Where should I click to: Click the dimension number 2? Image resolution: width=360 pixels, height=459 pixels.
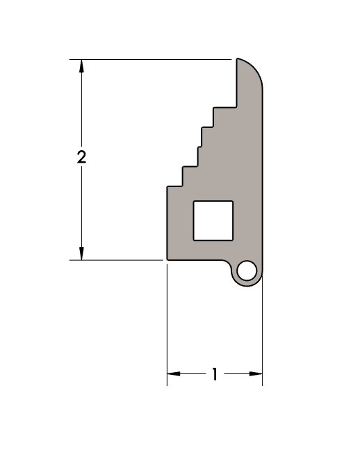(81, 157)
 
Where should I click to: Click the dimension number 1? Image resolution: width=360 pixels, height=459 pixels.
(215, 375)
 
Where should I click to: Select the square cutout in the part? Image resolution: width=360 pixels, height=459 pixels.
(212, 220)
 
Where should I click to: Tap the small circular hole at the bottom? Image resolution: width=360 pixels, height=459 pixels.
(246, 271)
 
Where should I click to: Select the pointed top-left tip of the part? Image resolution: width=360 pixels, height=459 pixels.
(238, 61)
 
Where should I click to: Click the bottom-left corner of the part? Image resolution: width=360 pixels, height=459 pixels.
(167, 259)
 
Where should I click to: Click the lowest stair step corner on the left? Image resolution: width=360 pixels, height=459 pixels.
(167, 186)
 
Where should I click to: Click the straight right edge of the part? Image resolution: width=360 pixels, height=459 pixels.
(263, 174)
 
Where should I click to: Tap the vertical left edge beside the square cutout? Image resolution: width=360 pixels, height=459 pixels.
(167, 223)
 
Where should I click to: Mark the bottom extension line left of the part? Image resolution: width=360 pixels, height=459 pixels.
(118, 260)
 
